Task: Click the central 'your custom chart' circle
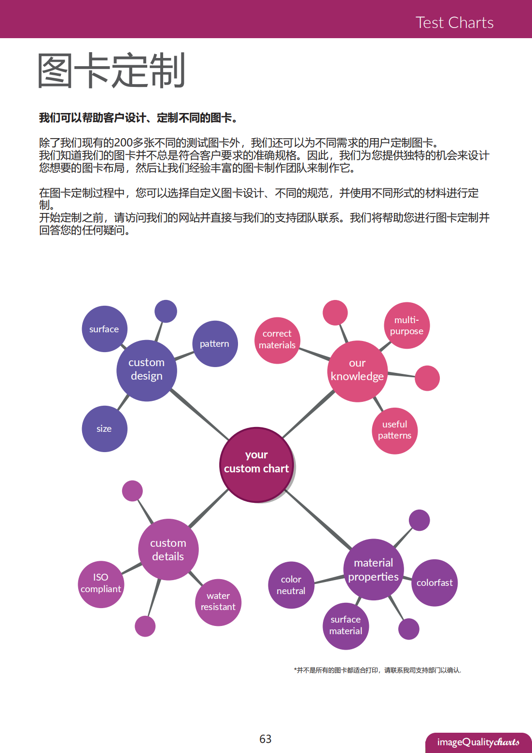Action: click(256, 464)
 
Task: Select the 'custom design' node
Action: click(146, 370)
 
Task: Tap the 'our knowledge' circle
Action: click(357, 371)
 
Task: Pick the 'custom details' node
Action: click(168, 550)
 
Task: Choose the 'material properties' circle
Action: click(373, 569)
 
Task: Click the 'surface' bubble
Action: click(104, 329)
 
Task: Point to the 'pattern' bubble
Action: click(215, 343)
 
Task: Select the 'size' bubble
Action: click(104, 428)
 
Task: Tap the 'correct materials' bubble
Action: click(277, 340)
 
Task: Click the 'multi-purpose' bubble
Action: click(406, 326)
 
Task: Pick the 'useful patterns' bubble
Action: click(394, 430)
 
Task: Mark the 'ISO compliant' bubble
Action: click(101, 584)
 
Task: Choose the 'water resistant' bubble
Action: click(218, 602)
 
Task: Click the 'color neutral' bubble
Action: click(291, 585)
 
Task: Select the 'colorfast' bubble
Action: click(434, 583)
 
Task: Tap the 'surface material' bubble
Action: click(346, 625)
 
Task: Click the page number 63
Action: click(266, 739)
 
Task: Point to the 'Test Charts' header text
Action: click(454, 23)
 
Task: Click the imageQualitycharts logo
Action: click(478, 742)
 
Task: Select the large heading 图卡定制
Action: click(112, 71)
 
